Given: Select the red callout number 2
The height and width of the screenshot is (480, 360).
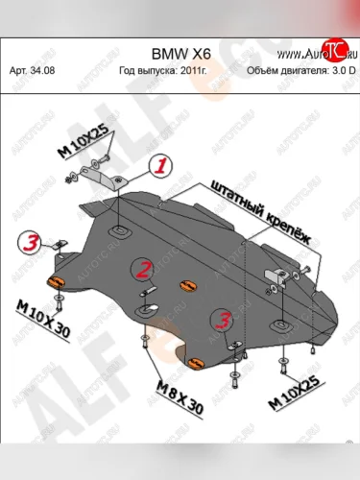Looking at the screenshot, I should point(143,270).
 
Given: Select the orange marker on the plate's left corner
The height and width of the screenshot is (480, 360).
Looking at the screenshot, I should point(56,280).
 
